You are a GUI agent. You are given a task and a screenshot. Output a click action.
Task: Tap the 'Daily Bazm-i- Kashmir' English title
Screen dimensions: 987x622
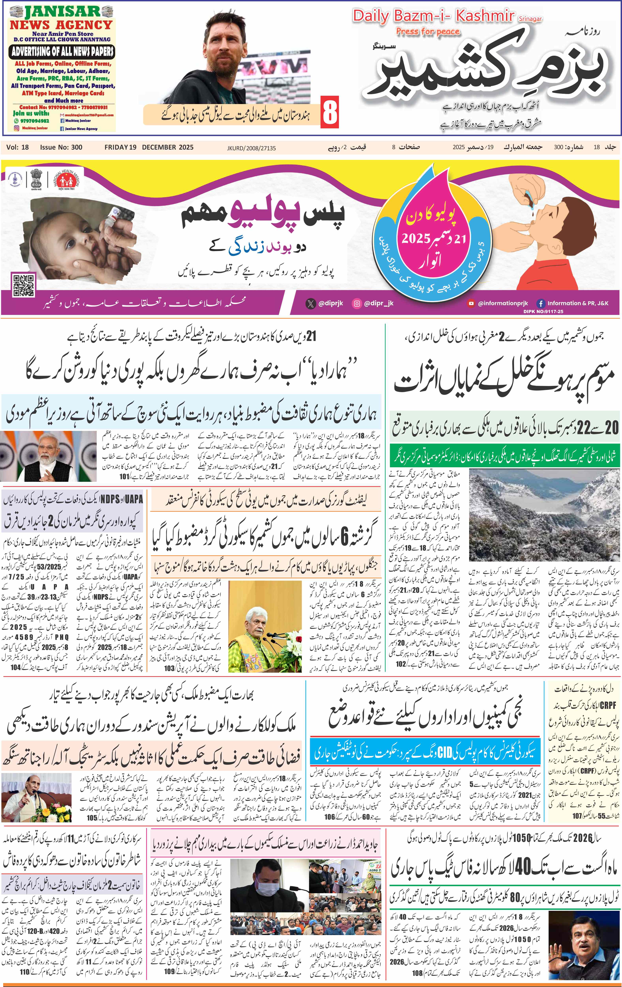click(434, 16)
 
